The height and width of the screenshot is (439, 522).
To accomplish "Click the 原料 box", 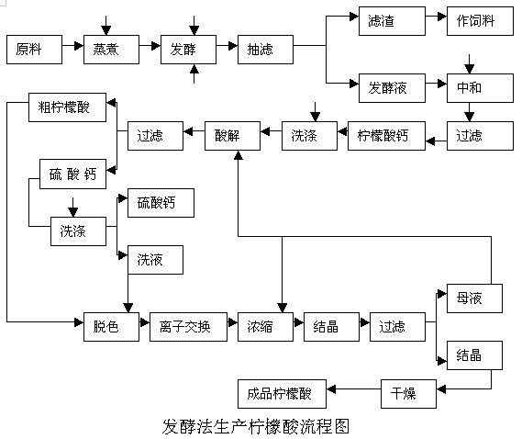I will click(35, 49).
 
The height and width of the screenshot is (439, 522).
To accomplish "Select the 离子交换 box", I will click(187, 326).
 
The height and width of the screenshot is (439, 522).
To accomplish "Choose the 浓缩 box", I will click(266, 326).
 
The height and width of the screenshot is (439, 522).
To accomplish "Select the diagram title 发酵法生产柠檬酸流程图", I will click(256, 425).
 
